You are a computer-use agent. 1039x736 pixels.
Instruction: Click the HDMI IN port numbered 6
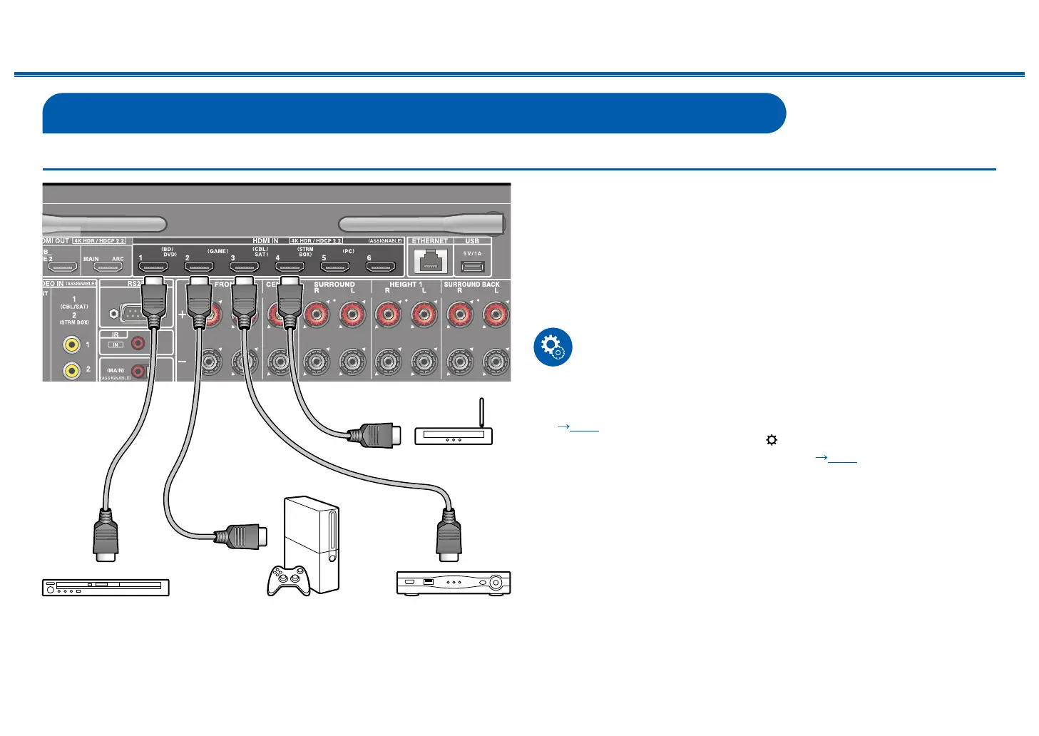point(381,268)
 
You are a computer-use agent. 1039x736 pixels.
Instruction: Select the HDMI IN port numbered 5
point(335,268)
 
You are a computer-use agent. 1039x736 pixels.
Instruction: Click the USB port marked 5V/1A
point(472,267)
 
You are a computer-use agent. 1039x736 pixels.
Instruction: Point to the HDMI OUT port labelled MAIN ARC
point(108,269)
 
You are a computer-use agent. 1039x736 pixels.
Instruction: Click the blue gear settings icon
point(553,347)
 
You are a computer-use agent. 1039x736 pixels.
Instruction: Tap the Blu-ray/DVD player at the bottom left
point(106,587)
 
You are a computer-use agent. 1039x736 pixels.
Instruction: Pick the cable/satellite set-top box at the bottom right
point(454,583)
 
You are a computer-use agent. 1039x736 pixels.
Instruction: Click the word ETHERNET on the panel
point(430,241)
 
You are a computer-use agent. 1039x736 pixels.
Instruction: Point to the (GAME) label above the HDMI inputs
point(218,251)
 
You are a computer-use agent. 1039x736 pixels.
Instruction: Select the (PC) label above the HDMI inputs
point(348,251)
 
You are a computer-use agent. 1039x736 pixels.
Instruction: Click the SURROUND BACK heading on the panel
point(471,284)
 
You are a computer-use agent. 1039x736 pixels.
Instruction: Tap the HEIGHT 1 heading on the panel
point(405,284)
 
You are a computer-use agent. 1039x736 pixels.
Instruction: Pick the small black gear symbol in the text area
point(771,440)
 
